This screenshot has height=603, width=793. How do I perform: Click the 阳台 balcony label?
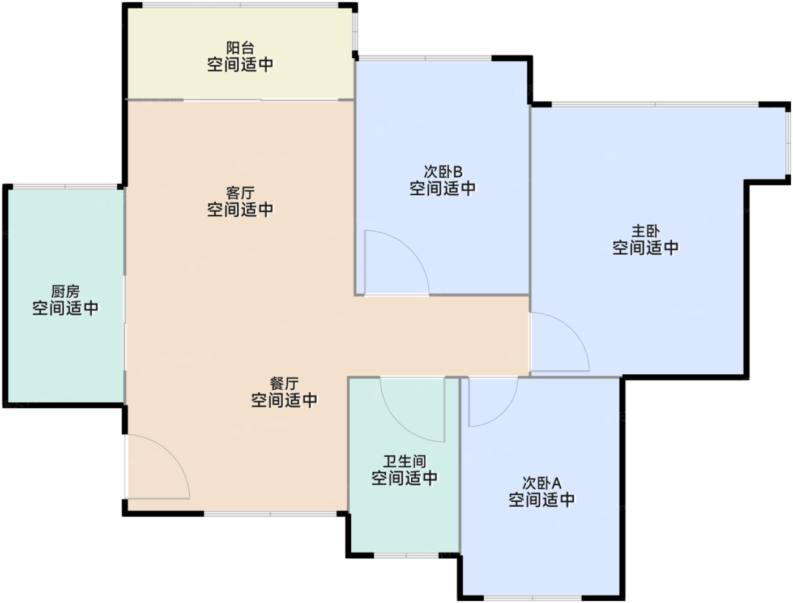(240, 48)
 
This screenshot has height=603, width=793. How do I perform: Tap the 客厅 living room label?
(240, 193)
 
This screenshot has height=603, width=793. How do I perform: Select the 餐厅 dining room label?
(284, 383)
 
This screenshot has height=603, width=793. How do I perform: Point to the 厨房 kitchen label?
(65, 292)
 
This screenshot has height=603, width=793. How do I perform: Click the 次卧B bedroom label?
(443, 172)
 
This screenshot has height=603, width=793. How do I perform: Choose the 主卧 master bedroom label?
(646, 231)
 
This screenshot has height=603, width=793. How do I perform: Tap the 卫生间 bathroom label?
(404, 461)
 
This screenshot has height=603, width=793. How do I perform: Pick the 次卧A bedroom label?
(542, 483)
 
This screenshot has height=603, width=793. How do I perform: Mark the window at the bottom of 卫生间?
(406, 555)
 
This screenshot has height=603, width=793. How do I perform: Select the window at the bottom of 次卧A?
(532, 598)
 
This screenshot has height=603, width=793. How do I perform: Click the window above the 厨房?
(65, 186)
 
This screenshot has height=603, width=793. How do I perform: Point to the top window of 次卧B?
(425, 58)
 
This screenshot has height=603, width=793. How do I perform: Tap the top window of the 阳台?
(240, 6)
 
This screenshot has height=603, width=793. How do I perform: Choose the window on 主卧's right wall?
(788, 143)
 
